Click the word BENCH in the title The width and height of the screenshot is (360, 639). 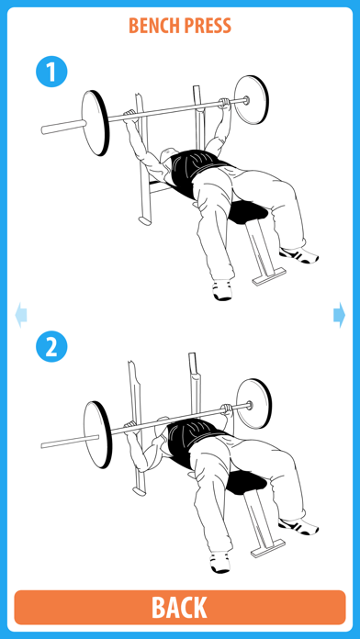153,26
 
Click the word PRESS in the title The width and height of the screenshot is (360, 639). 208,26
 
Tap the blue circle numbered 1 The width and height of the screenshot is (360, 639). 51,72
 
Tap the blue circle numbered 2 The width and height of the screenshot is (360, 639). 51,347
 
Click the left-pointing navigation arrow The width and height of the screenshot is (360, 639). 21,315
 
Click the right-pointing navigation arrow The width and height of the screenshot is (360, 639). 339,315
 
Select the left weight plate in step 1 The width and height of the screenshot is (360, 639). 96,123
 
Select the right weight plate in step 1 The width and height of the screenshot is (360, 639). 252,100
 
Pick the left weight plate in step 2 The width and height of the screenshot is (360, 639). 98,434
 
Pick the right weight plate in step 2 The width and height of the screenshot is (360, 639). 254,404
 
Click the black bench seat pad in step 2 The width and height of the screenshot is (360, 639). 245,483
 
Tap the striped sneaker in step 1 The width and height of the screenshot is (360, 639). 298,255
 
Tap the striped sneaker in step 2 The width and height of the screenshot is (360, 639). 298,526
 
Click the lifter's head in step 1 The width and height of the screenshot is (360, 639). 167,158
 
